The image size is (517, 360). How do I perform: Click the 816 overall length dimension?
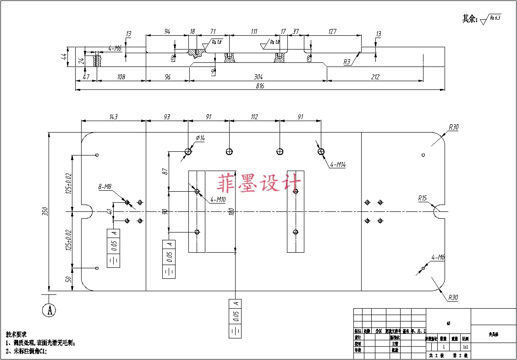pyautogui.click(x=260, y=86)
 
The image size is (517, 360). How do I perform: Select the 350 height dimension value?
pyautogui.click(x=45, y=211)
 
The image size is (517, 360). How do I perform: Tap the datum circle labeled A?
pyautogui.click(x=49, y=310)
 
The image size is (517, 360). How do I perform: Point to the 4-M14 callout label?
pyautogui.click(x=338, y=165)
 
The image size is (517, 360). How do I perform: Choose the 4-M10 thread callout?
pyautogui.click(x=218, y=199)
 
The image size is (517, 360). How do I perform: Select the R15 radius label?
pyautogui.click(x=422, y=199)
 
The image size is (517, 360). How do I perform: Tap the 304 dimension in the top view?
pyautogui.click(x=259, y=77)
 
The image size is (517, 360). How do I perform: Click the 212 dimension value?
pyautogui.click(x=375, y=77)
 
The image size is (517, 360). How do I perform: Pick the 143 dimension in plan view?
pyautogui.click(x=113, y=117)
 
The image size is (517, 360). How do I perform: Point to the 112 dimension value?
pyautogui.click(x=255, y=117)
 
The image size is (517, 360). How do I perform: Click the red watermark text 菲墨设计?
pyautogui.click(x=259, y=183)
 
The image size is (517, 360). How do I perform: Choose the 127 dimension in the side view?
pyautogui.click(x=332, y=31)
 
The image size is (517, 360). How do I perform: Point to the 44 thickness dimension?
pyautogui.click(x=65, y=57)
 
